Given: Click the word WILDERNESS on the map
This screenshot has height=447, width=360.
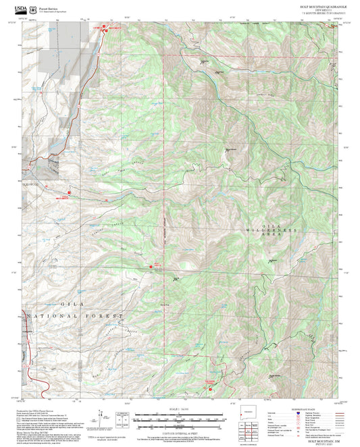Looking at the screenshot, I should (282, 230).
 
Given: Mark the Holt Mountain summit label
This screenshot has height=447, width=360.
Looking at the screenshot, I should (231, 149).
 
